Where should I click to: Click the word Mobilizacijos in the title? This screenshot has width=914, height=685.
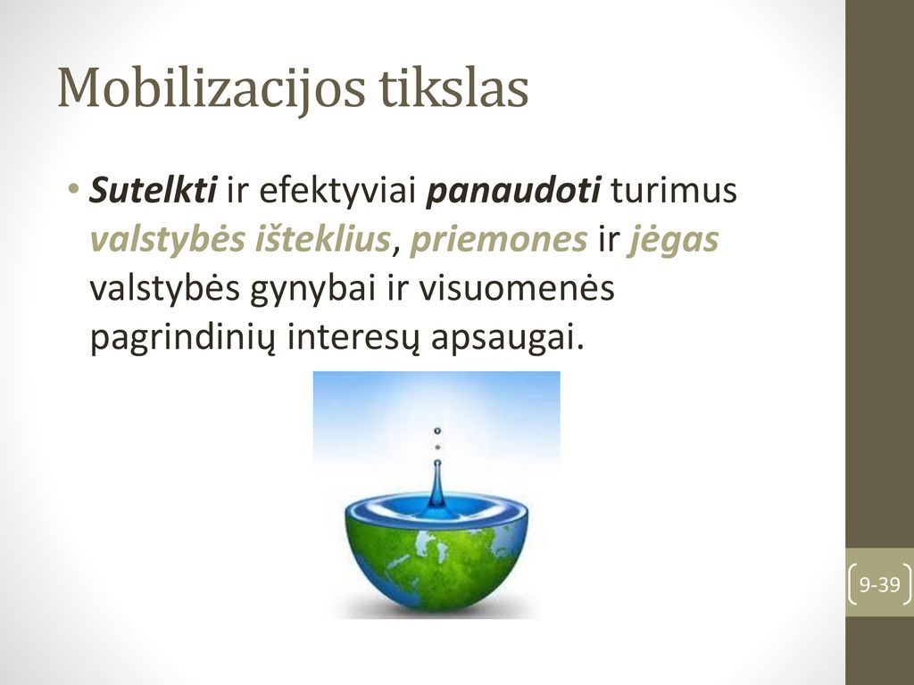212,88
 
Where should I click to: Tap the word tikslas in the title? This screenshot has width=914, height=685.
453,87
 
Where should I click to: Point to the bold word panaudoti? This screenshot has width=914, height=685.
513,191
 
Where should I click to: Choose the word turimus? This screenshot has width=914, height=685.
673,190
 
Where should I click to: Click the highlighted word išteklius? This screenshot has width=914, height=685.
322,238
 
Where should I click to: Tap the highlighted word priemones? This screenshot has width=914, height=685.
498,240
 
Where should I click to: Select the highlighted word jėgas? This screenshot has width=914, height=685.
673,240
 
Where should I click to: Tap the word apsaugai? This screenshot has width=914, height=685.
507,338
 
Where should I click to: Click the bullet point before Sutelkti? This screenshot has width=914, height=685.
73,188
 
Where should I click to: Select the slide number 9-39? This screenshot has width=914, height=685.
879,583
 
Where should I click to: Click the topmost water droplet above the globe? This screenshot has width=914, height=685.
437,431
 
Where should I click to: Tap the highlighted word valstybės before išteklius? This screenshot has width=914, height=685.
168,239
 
